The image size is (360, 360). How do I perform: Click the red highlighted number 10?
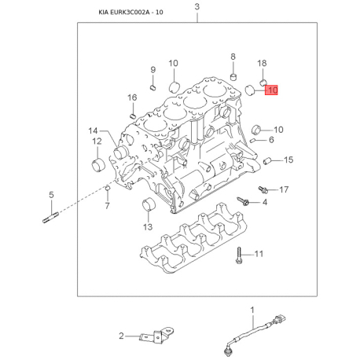pyautogui.click(x=271, y=90)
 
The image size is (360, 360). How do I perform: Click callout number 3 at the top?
pyautogui.click(x=197, y=7)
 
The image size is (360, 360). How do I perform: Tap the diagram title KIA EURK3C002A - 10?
pyautogui.click(x=130, y=13)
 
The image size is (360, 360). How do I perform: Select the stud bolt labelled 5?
pyautogui.click(x=51, y=218)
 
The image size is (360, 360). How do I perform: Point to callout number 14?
pyautogui.click(x=93, y=130)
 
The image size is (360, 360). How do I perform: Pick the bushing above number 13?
pyautogui.click(x=149, y=205)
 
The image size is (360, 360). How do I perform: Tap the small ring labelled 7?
pyautogui.click(x=107, y=188)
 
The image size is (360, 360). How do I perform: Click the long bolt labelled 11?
pyautogui.click(x=239, y=255)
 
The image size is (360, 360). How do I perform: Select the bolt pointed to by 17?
pyautogui.click(x=263, y=189)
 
